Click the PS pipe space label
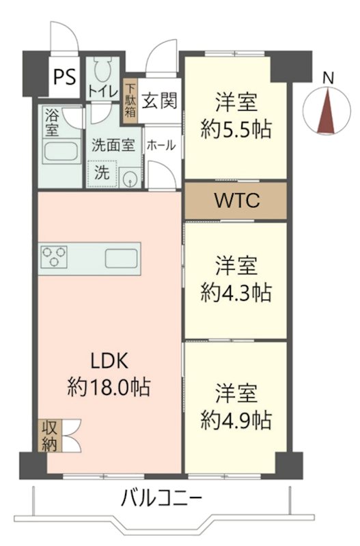(x=65, y=74)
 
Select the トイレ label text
(x=103, y=92)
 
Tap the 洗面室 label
(x=113, y=145)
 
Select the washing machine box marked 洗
(x=101, y=173)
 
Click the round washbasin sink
(x=130, y=179)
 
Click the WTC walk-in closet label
(x=236, y=201)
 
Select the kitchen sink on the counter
(x=122, y=259)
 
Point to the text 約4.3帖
(x=236, y=292)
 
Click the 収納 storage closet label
(x=49, y=436)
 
